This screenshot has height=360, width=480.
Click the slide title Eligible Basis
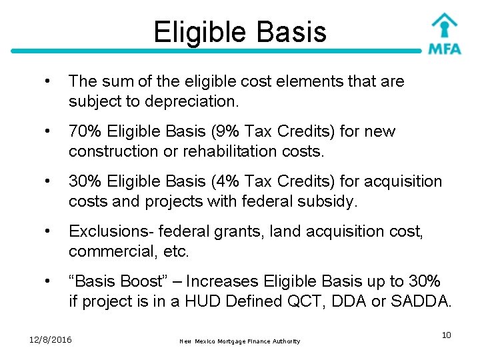tap(239, 31)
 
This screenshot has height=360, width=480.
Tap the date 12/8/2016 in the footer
tap(51, 340)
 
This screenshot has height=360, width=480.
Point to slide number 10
tap(446, 335)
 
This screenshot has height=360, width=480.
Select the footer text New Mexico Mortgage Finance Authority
tap(240, 341)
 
